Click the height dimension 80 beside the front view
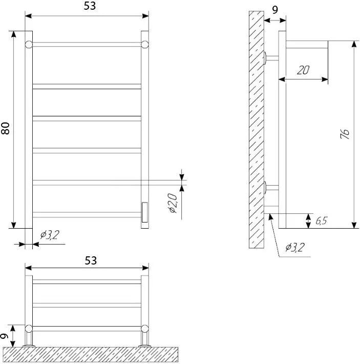5,128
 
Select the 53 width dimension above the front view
90,6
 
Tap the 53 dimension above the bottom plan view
91,260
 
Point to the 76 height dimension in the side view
345,134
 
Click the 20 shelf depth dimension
303,70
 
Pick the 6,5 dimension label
322,220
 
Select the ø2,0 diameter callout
173,203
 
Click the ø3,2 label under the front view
50,235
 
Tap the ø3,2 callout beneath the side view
295,248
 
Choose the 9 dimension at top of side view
274,10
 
